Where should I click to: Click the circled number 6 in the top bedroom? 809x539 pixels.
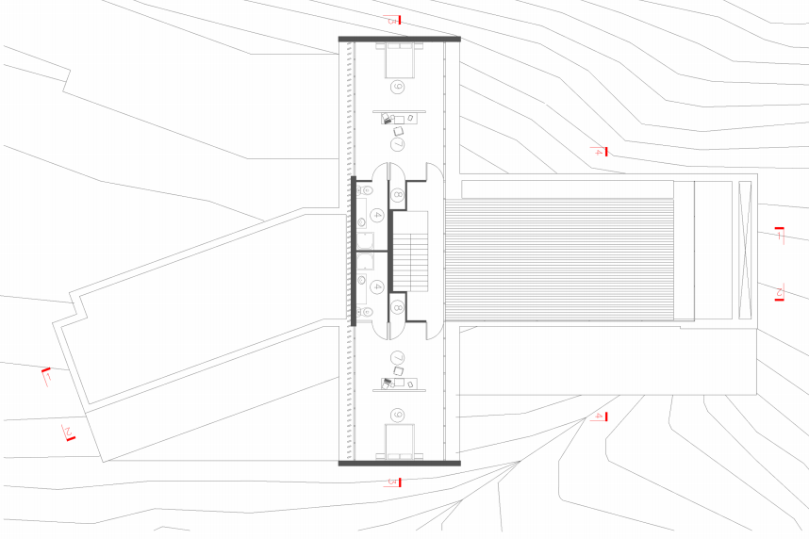click(x=397, y=88)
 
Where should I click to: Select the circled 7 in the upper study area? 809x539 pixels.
click(x=397, y=145)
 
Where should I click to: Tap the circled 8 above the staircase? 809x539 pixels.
click(x=397, y=195)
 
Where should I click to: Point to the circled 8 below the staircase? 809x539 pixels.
click(x=397, y=307)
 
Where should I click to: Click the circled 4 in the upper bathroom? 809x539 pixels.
click(x=375, y=216)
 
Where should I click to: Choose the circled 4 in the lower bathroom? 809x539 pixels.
click(x=375, y=286)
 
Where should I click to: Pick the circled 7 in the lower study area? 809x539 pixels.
click(x=397, y=358)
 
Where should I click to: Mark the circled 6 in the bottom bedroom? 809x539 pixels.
click(x=397, y=415)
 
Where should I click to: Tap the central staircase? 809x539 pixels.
click(x=411, y=251)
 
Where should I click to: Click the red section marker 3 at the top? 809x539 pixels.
click(x=395, y=20)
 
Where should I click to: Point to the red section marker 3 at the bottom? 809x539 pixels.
click(x=395, y=482)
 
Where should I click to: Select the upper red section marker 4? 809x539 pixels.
click(x=600, y=151)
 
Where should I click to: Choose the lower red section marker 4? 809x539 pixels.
click(x=600, y=416)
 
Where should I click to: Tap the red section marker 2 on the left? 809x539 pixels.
click(x=69, y=433)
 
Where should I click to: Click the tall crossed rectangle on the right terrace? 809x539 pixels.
click(x=745, y=250)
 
